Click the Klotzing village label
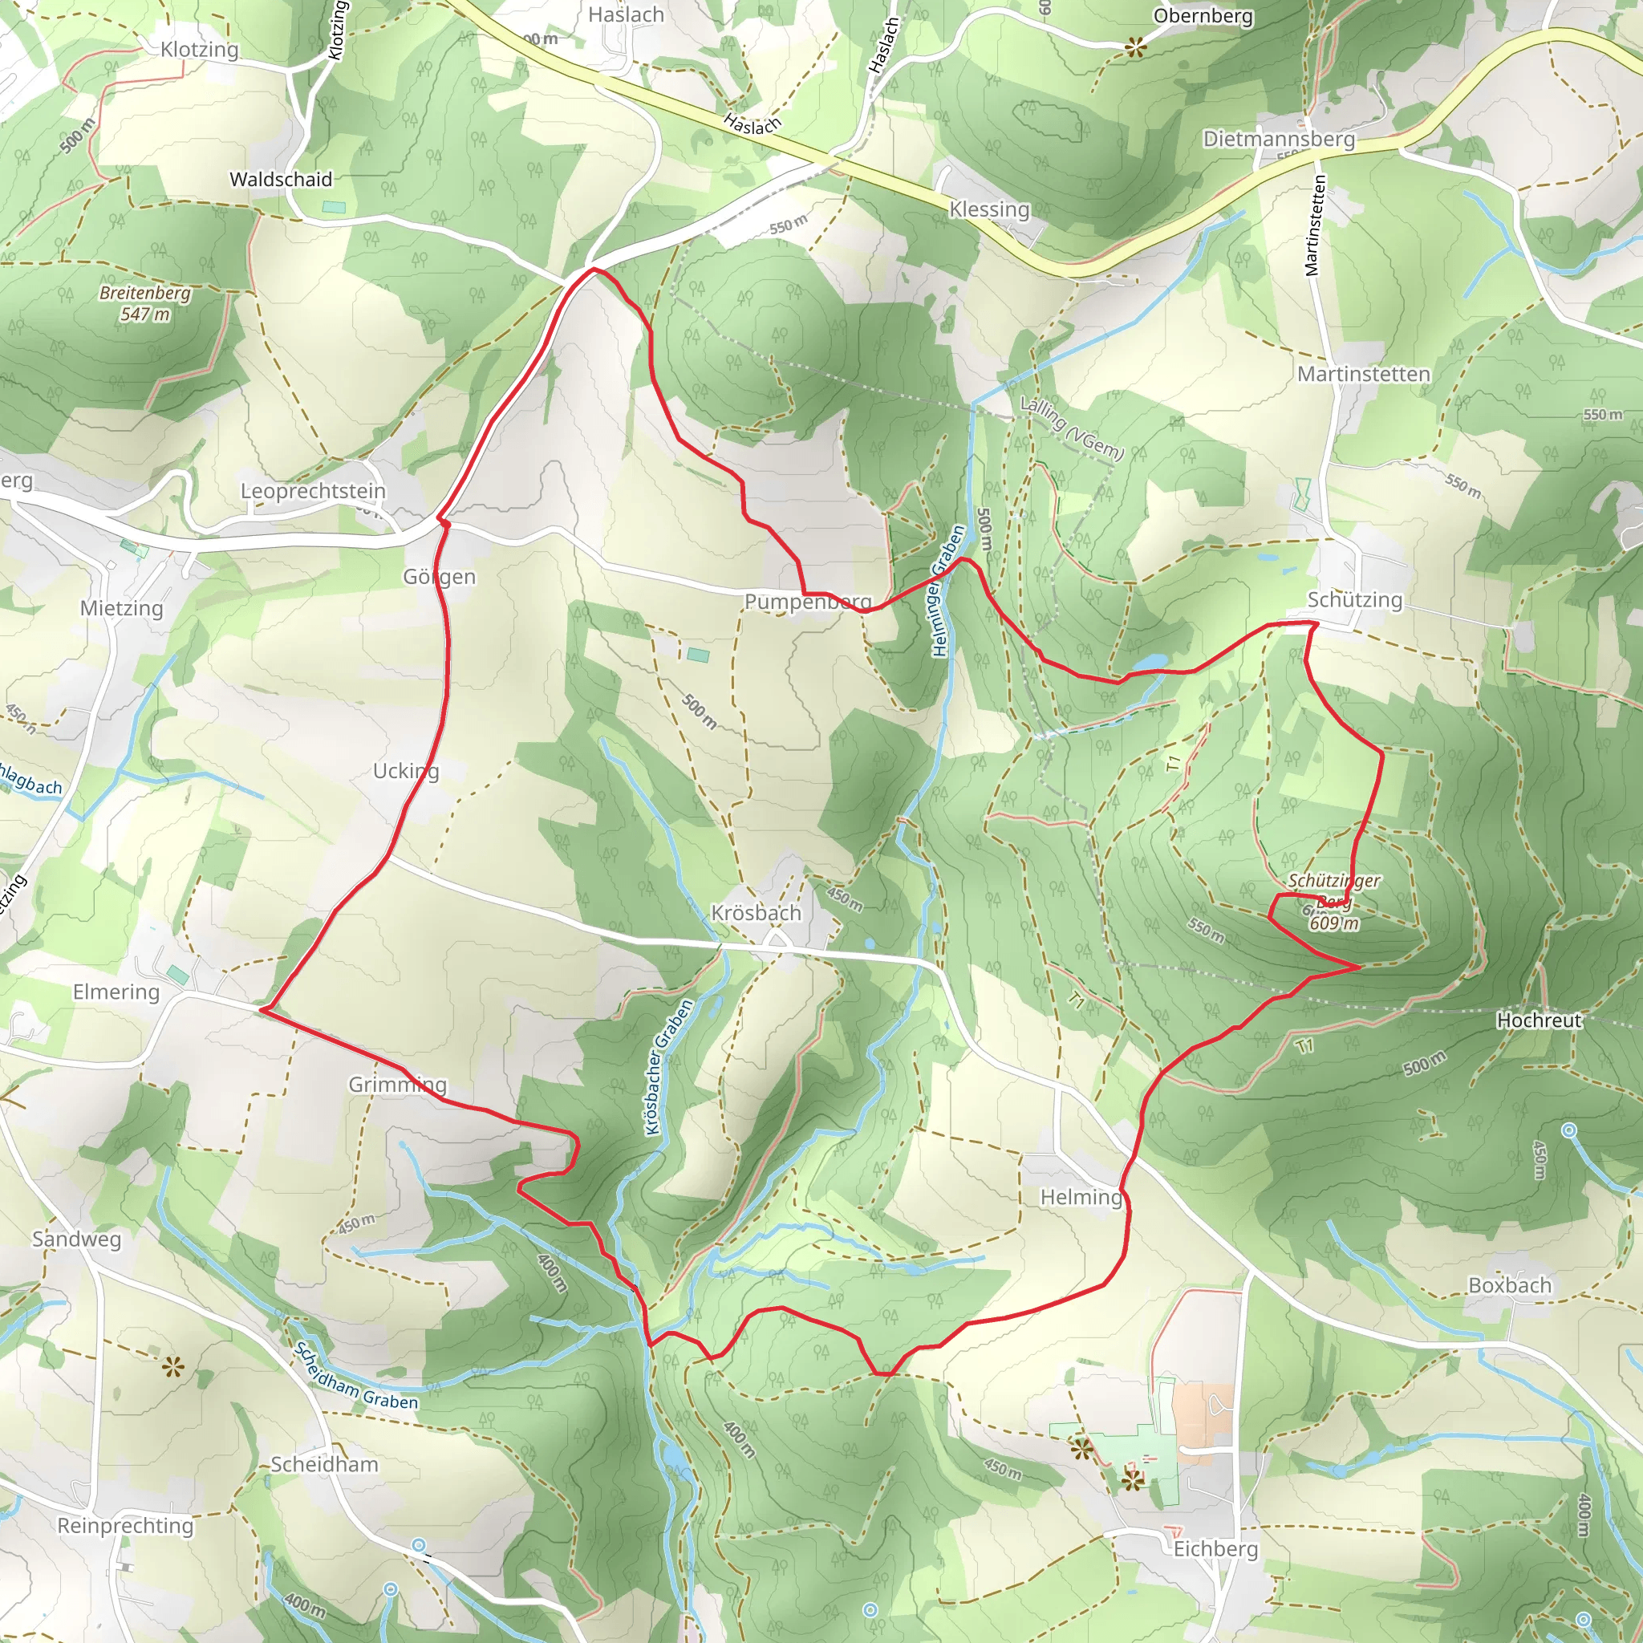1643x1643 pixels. (199, 49)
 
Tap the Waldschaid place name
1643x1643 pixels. (281, 180)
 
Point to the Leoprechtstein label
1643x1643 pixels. (313, 491)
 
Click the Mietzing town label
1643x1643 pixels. (122, 608)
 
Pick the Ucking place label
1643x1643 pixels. (406, 770)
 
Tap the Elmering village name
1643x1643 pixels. (116, 992)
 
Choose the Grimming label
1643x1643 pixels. (397, 1085)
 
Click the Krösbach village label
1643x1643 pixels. (756, 912)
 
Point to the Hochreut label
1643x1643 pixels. (1539, 1020)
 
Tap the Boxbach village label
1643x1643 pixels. (1510, 1285)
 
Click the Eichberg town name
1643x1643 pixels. (1215, 1548)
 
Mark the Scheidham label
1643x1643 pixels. (324, 1464)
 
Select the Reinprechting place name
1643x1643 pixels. (125, 1526)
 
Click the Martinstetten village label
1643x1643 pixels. (1363, 374)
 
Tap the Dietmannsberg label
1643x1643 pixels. (1278, 139)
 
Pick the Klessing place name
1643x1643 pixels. (989, 209)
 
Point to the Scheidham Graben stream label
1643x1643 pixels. (355, 1376)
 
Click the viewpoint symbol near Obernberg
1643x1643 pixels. (1135, 47)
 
